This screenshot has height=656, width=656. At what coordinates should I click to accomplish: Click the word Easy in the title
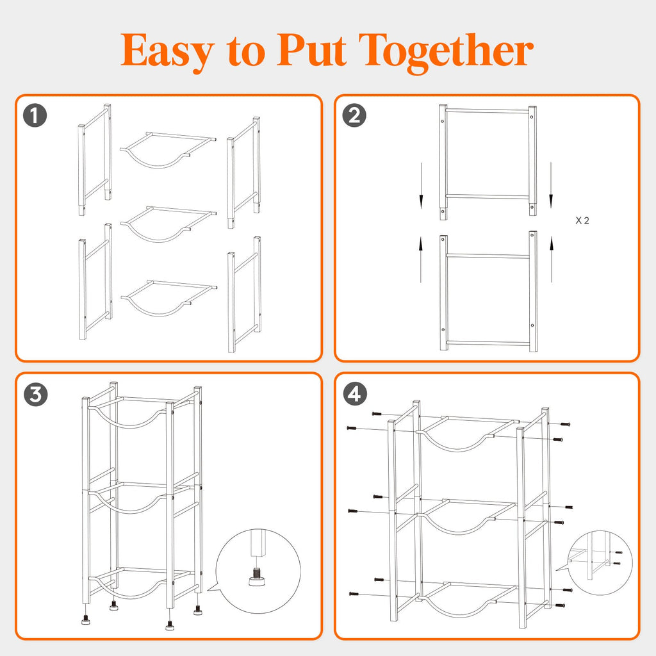click(x=168, y=51)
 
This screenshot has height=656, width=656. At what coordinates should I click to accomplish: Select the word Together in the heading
click(x=446, y=53)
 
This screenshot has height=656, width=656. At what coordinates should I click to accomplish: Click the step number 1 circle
click(x=35, y=115)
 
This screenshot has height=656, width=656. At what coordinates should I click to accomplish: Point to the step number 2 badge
click(x=354, y=115)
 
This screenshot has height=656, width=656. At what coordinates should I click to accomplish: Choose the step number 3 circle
click(x=36, y=395)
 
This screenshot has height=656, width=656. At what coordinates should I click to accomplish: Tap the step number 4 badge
click(x=355, y=394)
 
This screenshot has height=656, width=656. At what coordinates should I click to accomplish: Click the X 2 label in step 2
click(x=582, y=220)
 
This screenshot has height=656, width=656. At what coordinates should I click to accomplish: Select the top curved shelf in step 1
click(x=168, y=150)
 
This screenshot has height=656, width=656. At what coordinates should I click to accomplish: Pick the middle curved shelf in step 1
click(x=168, y=224)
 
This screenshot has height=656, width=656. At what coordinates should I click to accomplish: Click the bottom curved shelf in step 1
click(x=168, y=298)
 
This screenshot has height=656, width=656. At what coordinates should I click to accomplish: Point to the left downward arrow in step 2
click(x=422, y=185)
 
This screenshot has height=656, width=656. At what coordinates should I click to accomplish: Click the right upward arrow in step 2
click(x=552, y=259)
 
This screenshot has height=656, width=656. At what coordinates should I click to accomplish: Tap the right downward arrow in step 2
click(x=551, y=185)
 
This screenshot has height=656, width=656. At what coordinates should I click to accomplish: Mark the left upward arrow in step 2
click(x=421, y=259)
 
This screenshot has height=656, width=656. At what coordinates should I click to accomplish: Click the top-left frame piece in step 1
click(x=95, y=160)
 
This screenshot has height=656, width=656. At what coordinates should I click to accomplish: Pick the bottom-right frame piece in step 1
click(x=245, y=295)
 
